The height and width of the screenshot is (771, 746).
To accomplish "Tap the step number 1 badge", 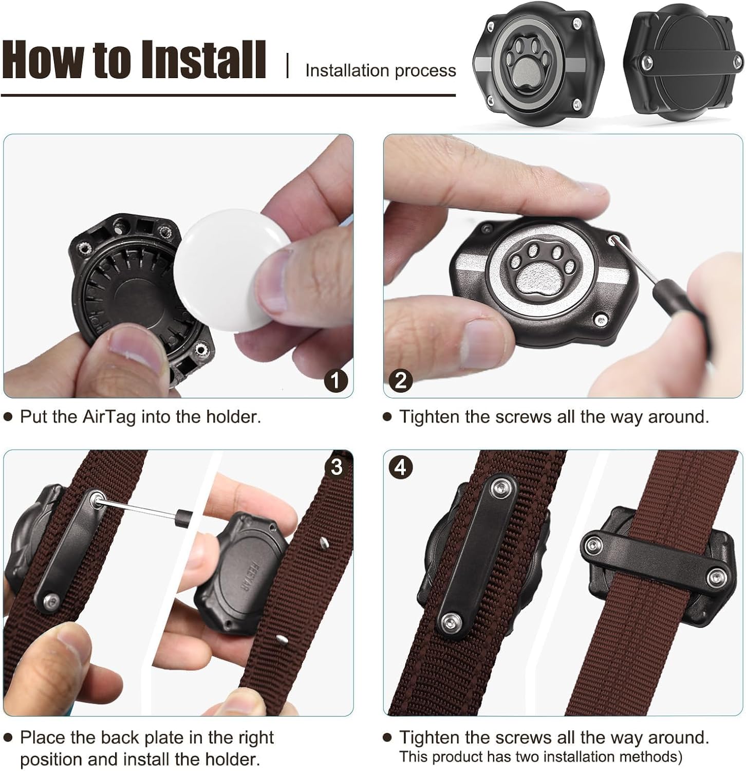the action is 336,381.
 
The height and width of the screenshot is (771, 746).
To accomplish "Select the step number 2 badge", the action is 401,380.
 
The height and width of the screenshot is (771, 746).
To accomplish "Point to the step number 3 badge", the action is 337,467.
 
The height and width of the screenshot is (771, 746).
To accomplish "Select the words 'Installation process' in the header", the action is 381,70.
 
